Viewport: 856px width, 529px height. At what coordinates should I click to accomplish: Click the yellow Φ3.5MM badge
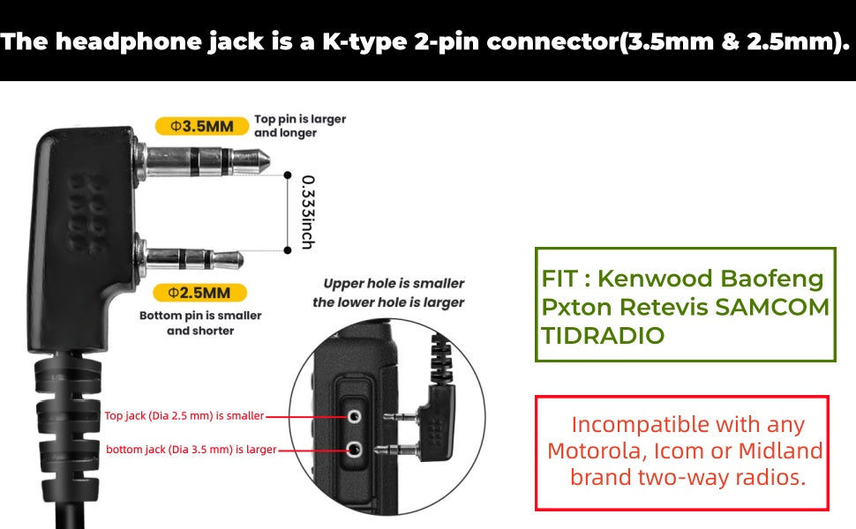[200, 126]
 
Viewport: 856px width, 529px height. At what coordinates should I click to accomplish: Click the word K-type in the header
[364, 42]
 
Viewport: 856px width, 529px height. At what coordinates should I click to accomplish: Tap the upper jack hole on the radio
[354, 414]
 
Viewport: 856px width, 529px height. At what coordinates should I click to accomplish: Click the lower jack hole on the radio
[354, 450]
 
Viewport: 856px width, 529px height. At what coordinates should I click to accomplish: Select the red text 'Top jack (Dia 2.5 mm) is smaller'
[184, 415]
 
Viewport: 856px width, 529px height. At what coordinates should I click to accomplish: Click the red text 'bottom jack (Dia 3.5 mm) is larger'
[191, 450]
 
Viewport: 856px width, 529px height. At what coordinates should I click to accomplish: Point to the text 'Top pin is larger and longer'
[300, 125]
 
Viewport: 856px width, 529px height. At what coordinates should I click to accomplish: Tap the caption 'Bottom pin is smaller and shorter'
[200, 323]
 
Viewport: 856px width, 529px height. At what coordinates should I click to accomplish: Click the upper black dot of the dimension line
[287, 175]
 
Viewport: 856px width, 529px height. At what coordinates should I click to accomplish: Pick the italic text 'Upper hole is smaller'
[394, 284]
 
